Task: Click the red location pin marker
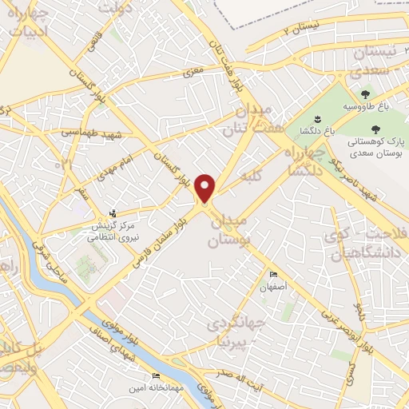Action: (x=206, y=188)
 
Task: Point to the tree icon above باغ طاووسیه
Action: (x=365, y=95)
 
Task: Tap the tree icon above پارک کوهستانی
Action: (x=376, y=127)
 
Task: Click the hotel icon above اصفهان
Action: (x=275, y=274)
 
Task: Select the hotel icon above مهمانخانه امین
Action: (x=156, y=375)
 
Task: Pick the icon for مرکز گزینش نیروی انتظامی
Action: (x=113, y=213)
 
